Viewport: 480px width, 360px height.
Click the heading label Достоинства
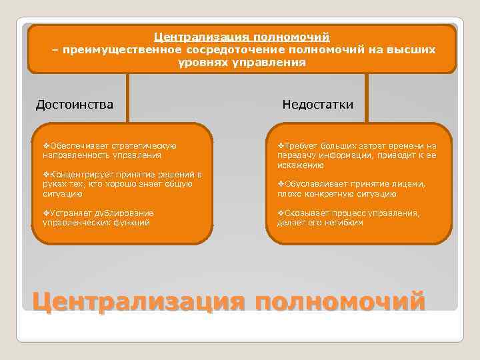[x=74, y=105]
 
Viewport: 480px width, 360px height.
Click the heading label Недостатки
[x=317, y=105]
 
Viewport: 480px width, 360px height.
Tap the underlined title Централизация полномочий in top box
[x=242, y=37]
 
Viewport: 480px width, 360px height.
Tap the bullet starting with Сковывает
[x=348, y=218]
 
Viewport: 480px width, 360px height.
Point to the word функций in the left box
[x=135, y=223]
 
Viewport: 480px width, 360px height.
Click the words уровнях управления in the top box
[x=242, y=62]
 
